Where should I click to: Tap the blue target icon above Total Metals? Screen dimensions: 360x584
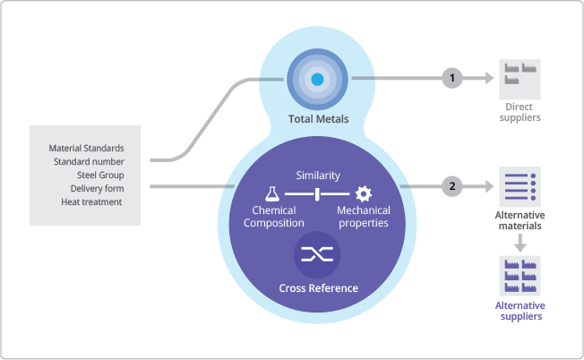(316, 79)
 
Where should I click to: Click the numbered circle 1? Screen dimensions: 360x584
(452, 78)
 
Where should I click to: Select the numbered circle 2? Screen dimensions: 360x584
(452, 186)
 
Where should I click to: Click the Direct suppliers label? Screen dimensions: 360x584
(520, 112)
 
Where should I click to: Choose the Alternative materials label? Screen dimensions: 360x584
(520, 220)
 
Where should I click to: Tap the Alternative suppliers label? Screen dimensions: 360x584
(520, 310)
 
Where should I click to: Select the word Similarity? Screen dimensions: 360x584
(318, 176)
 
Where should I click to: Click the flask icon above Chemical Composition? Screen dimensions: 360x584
(272, 193)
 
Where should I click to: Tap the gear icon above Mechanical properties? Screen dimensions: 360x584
(363, 193)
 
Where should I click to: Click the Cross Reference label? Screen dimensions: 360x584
(317, 288)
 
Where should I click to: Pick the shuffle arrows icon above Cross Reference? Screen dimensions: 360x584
(317, 254)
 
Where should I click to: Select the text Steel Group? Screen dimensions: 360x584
(99, 175)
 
